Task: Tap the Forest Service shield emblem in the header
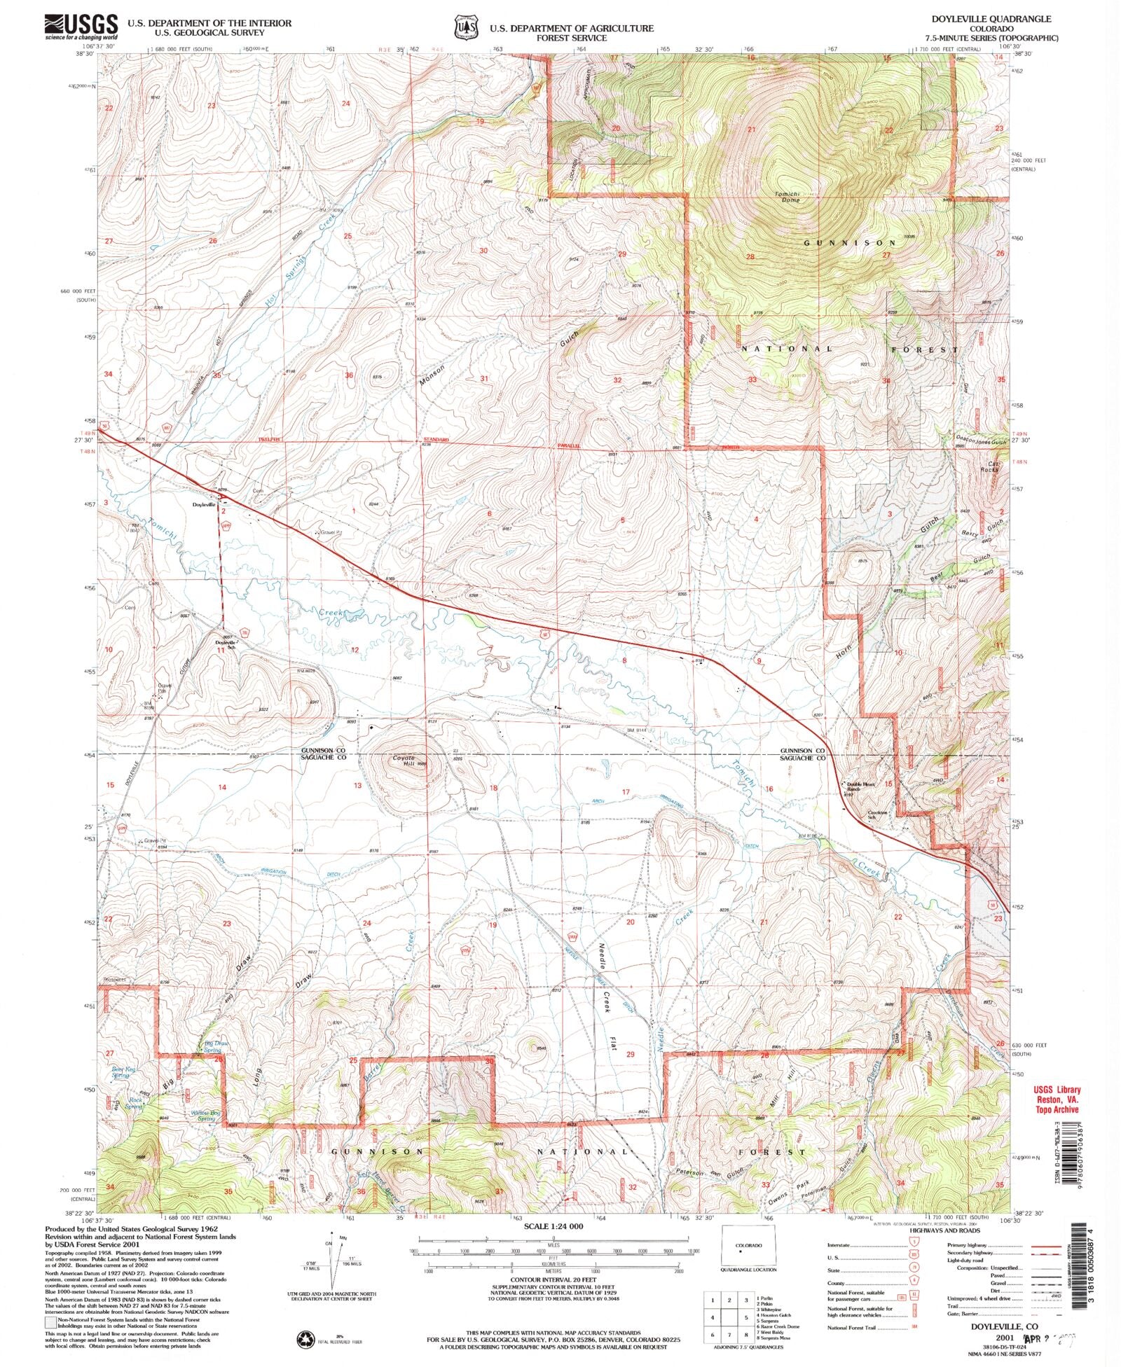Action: coord(465,26)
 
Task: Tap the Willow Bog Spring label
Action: coord(201,1115)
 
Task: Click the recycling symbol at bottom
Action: coord(306,1338)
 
